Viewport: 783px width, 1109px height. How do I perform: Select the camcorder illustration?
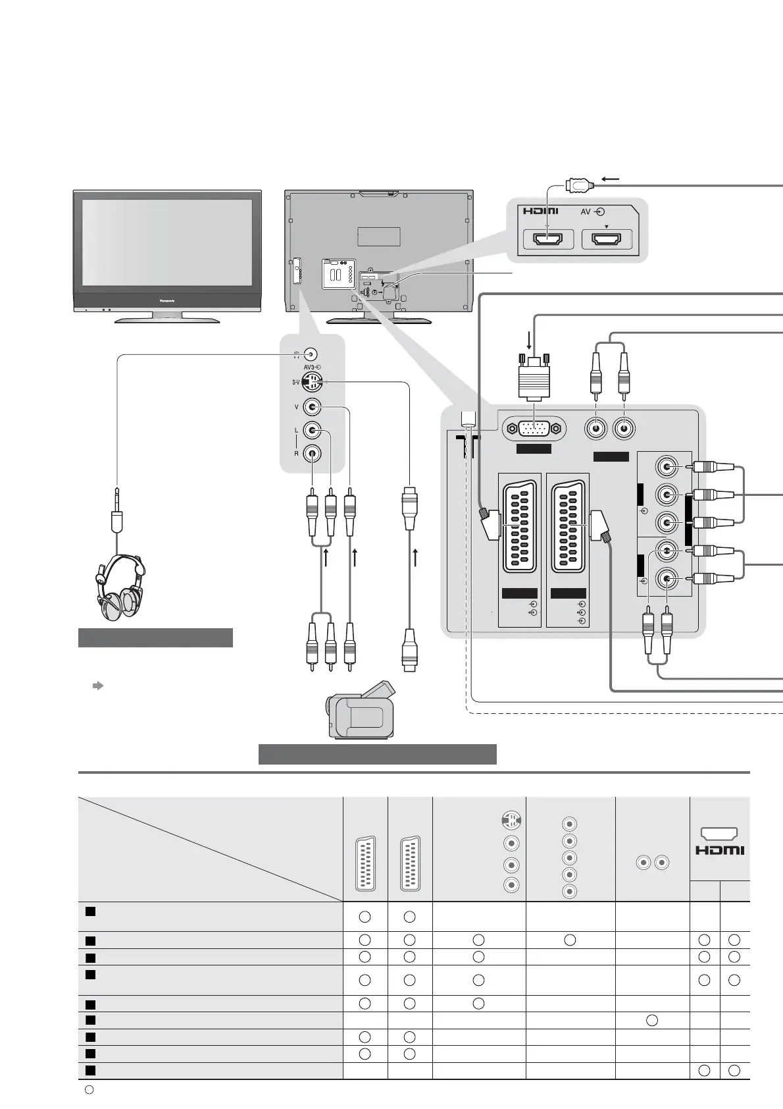[361, 711]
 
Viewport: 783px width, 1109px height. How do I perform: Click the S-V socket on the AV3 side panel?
[312, 381]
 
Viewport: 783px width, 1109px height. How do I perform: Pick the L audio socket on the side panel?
[312, 431]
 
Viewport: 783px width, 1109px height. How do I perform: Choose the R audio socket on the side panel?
[312, 453]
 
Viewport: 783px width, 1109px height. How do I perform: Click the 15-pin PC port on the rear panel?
[534, 429]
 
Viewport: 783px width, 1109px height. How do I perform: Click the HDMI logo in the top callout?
[541, 211]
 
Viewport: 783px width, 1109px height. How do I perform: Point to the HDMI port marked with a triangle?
[607, 240]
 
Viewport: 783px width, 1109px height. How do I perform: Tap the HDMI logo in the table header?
[720, 850]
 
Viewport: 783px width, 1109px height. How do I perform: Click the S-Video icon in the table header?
[511, 821]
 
